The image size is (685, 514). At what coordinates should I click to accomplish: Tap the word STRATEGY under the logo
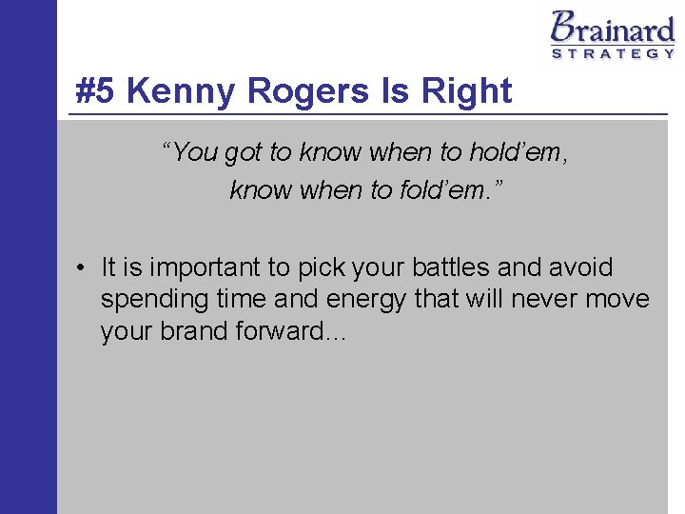click(x=614, y=53)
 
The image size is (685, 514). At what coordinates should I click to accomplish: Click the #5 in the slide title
click(x=97, y=91)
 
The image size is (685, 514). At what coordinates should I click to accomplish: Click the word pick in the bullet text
click(x=323, y=269)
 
